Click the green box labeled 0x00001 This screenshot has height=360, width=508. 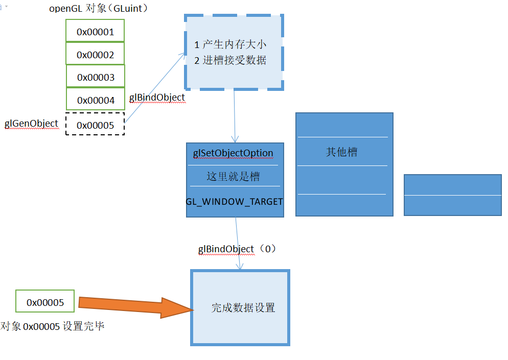95,31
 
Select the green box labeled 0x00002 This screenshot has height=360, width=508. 95,54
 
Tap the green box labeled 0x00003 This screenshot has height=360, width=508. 96,77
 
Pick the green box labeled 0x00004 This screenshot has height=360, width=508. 96,100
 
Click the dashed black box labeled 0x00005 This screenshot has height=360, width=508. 95,125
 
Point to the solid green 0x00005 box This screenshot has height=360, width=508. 45,302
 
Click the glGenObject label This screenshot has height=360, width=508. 31,124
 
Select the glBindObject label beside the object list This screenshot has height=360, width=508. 157,98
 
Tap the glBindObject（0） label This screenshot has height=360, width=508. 237,249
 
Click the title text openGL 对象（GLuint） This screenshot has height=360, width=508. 99,9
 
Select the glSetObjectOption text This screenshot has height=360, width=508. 233,153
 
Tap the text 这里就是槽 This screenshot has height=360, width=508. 233,177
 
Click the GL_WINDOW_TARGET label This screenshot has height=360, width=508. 234,201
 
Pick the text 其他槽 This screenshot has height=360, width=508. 342,152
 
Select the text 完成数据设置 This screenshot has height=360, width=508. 243,308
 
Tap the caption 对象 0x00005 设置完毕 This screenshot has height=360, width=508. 53,326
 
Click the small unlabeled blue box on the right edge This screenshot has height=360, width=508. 452,195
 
